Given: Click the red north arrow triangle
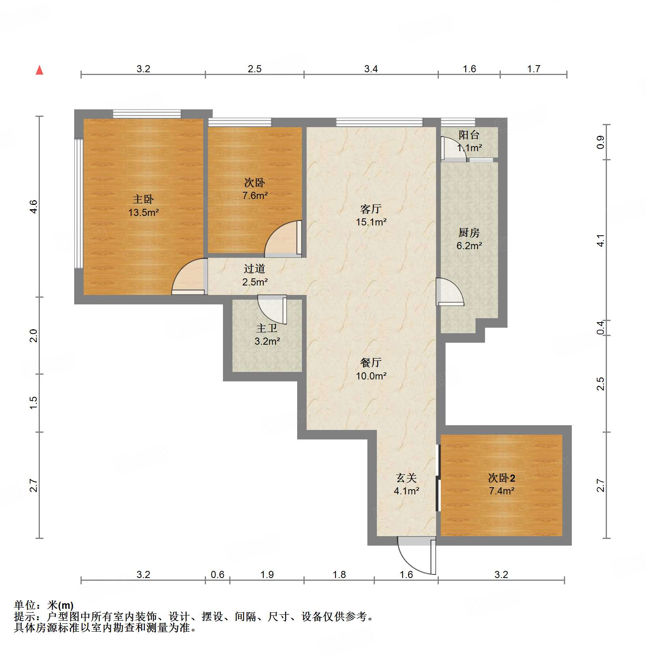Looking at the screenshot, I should click(x=39, y=70).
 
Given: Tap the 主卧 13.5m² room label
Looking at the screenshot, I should click(x=143, y=206).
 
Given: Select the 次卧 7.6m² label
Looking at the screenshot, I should click(x=255, y=189).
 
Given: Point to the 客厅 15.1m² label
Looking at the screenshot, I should click(x=371, y=215).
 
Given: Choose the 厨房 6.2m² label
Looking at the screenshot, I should click(x=469, y=239).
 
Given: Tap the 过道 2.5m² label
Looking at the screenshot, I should click(x=255, y=275).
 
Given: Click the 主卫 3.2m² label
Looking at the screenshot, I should click(x=267, y=334).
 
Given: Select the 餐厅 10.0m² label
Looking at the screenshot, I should click(x=371, y=369).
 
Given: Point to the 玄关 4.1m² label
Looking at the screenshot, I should click(x=406, y=484).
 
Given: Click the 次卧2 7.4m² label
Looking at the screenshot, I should click(x=502, y=484).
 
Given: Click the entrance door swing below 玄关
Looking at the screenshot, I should click(x=414, y=557).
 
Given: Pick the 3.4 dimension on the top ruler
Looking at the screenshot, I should click(x=371, y=69).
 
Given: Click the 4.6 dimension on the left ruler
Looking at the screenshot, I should click(x=34, y=207).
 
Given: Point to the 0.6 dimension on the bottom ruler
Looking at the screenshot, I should click(x=217, y=574).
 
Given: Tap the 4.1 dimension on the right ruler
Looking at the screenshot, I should click(x=601, y=240).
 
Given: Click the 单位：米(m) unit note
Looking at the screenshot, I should click(x=44, y=605).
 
